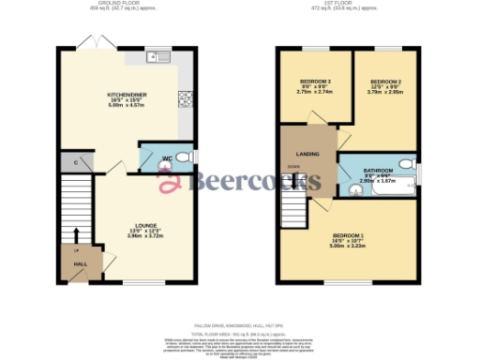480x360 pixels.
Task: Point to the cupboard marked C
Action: [75, 162]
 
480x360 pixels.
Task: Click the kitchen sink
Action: [156, 56]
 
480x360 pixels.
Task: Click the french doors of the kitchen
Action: [90, 43]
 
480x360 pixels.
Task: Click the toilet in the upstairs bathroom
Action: [406, 165]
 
